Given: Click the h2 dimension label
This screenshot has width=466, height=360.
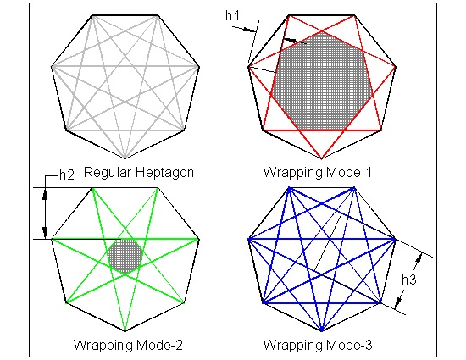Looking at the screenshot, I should pyautogui.click(x=67, y=174).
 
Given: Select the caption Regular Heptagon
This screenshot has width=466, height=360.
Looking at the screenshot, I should pyautogui.click(x=139, y=172).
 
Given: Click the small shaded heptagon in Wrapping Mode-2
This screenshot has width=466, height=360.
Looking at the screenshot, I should pyautogui.click(x=126, y=255).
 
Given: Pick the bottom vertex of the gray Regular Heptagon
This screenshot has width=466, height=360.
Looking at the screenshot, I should pyautogui.click(x=125, y=158).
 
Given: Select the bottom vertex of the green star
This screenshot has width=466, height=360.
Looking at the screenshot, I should pyautogui.click(x=125, y=330).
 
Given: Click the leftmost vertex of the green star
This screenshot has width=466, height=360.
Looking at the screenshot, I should pyautogui.click(x=52, y=240).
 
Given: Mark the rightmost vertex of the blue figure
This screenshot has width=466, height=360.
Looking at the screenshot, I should pyautogui.click(x=396, y=240).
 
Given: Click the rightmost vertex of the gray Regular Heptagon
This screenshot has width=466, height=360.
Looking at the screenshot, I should pyautogui.click(x=200, y=64).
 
